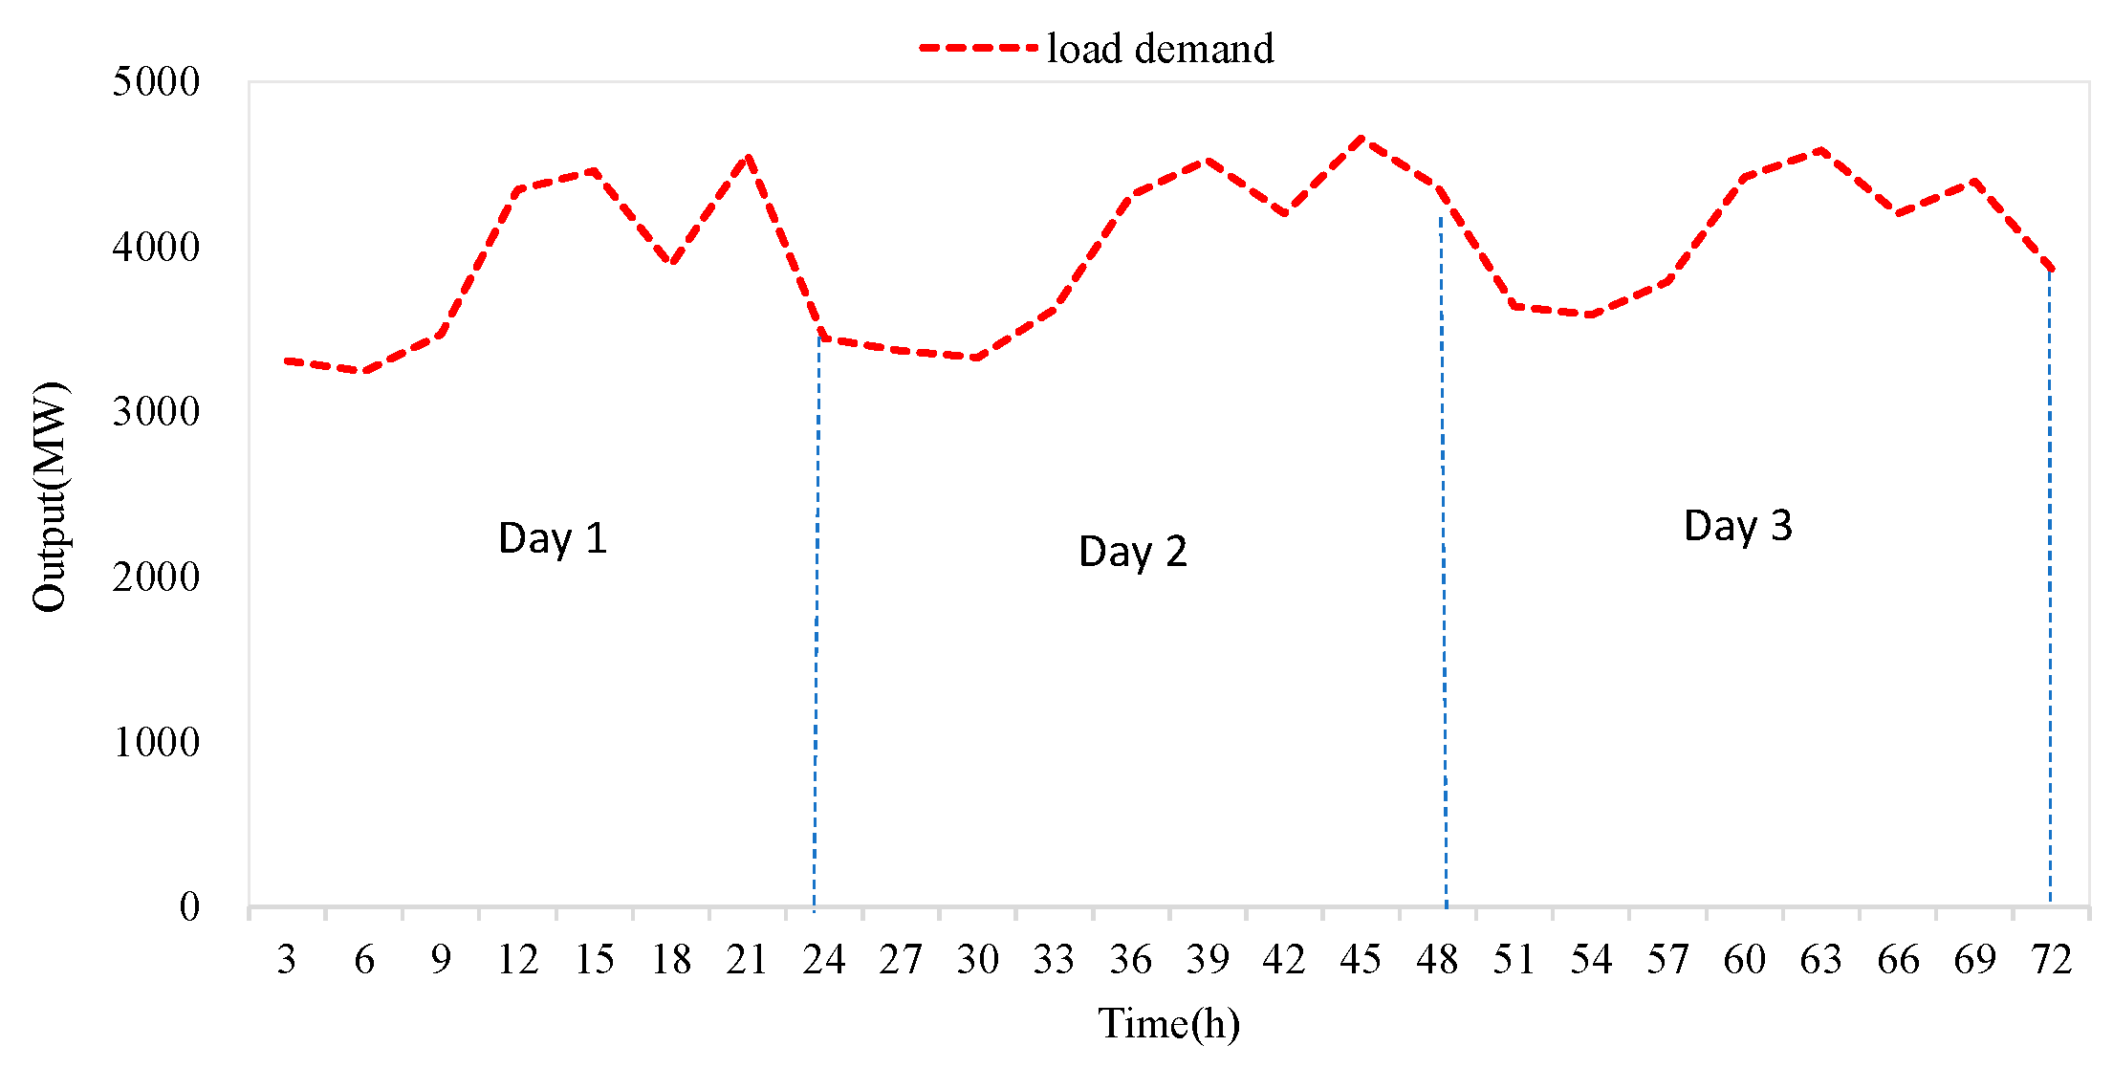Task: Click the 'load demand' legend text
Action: click(1161, 49)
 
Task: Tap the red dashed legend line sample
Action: click(978, 47)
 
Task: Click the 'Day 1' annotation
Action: click(553, 538)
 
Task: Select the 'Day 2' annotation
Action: click(1133, 552)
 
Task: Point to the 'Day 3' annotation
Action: click(1738, 526)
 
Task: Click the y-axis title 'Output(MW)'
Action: click(50, 496)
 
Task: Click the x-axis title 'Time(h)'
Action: click(1168, 1024)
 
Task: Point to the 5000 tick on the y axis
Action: click(156, 81)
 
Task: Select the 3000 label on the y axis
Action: click(156, 411)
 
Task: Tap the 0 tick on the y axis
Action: click(189, 906)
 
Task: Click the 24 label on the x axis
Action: click(823, 959)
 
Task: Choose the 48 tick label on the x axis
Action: click(1437, 959)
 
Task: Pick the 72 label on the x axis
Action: click(2051, 959)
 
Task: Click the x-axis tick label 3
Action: click(287, 959)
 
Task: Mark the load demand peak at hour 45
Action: click(1361, 139)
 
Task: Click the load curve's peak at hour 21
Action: click(748, 156)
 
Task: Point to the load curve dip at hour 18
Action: click(672, 263)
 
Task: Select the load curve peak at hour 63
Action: click(1821, 150)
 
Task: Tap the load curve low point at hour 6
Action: click(364, 371)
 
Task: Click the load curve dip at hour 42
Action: click(1284, 213)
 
